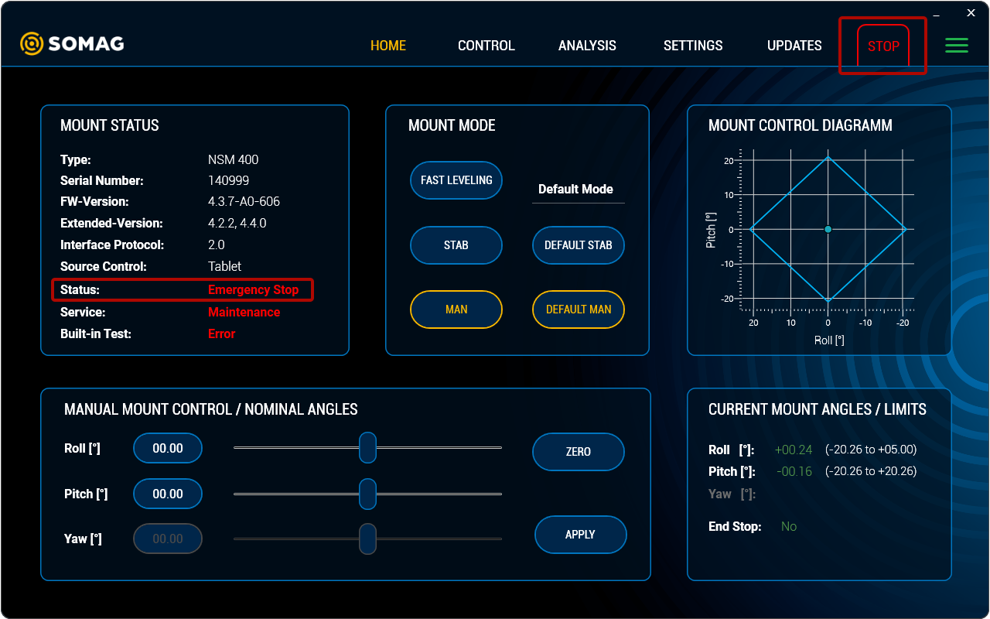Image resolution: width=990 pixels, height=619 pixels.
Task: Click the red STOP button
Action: coord(882,46)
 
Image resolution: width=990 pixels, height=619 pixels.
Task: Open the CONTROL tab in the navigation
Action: coord(486,46)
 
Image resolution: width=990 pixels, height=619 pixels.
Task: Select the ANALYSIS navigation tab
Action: coord(587,46)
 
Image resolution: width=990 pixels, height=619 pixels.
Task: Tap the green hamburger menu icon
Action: coord(957,45)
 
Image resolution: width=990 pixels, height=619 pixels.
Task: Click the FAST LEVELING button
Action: coord(456,180)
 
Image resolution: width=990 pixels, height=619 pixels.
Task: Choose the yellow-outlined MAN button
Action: coord(456,309)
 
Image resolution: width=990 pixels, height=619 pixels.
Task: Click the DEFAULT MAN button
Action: coord(578,309)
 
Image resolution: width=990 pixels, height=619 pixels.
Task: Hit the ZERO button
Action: coord(578,451)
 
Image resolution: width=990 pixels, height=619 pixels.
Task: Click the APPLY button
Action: coord(580,535)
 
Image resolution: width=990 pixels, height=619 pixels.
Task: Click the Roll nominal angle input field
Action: coord(168,448)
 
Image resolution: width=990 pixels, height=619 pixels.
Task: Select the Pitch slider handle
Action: coord(367,494)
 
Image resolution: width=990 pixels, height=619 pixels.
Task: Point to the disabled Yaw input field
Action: coord(168,539)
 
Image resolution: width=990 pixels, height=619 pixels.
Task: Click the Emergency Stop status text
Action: coord(253,289)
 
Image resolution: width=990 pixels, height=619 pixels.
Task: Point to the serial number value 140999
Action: coord(228,180)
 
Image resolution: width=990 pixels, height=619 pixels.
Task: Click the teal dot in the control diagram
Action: coord(828,229)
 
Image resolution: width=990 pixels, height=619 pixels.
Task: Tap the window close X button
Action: coord(971,13)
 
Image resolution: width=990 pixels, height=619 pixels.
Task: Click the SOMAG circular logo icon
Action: coord(32,44)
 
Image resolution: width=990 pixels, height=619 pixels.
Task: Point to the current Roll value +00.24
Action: coord(794,450)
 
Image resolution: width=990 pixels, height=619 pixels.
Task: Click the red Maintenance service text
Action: coord(244,312)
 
